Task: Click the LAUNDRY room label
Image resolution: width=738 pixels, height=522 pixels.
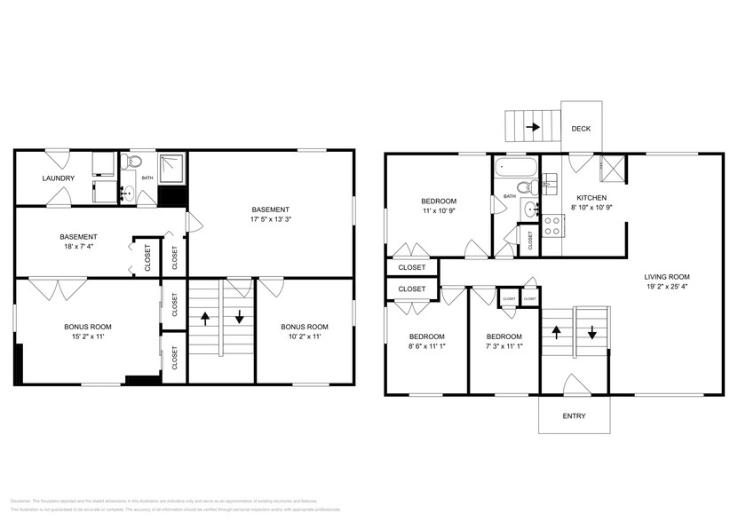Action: point(58,178)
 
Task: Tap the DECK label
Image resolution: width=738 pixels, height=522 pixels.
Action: point(580,129)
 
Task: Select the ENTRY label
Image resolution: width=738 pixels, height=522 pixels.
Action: point(574,416)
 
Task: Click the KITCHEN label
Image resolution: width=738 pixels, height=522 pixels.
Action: point(591,197)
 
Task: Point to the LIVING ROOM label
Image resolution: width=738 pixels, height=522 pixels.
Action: point(666,276)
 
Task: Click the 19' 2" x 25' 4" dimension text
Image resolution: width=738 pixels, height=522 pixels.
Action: point(666,288)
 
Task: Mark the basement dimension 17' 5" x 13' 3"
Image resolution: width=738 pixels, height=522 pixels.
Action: point(269,215)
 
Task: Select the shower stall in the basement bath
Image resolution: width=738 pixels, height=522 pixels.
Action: point(171,167)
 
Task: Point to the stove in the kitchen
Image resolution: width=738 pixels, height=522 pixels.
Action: point(552,227)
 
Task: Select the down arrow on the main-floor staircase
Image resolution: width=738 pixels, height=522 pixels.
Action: point(591,336)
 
